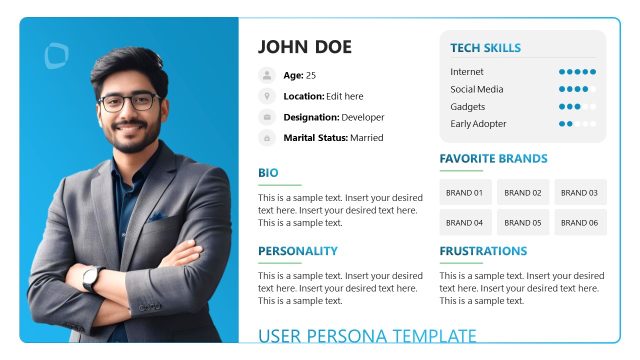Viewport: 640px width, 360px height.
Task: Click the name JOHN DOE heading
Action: [305, 47]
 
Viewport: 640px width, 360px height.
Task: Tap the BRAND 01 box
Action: [464, 192]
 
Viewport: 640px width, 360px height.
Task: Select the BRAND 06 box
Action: [580, 222]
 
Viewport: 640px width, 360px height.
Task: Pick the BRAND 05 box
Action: [522, 222]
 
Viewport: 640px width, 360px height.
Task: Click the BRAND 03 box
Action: [580, 192]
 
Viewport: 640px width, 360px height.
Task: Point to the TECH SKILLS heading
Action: [485, 48]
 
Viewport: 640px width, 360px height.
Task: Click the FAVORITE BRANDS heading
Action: [493, 159]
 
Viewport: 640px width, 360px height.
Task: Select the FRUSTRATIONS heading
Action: [483, 251]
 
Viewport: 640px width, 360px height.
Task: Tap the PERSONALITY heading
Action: [298, 251]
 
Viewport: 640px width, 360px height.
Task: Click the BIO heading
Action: [268, 173]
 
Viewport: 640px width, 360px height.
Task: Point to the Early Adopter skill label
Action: [478, 124]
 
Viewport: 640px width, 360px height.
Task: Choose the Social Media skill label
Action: [476, 89]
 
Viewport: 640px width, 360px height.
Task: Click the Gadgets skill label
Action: [467, 107]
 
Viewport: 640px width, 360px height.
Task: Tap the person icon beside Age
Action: [267, 75]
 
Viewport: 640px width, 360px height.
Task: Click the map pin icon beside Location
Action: [267, 96]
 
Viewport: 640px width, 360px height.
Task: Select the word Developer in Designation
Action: [362, 117]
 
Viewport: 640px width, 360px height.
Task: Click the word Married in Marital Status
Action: [366, 138]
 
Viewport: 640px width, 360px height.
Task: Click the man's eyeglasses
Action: [128, 101]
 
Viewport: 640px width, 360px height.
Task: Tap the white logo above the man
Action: [57, 56]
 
